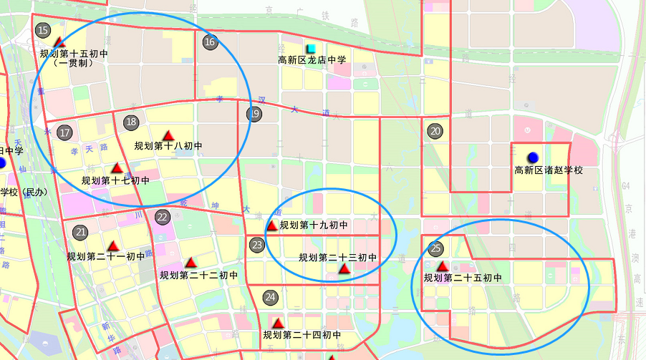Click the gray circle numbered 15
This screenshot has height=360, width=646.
(43, 31)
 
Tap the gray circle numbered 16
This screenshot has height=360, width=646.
(210, 42)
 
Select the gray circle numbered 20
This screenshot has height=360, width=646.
(435, 131)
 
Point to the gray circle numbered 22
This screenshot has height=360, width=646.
(163, 217)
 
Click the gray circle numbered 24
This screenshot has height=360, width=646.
(270, 297)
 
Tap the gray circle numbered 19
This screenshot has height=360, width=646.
(254, 113)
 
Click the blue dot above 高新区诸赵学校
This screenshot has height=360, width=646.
(533, 157)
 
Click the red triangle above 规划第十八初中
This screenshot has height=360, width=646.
(168, 135)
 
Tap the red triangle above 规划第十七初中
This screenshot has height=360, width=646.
(117, 168)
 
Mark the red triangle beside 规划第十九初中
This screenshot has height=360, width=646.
(272, 226)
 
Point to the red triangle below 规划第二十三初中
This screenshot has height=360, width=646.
(344, 269)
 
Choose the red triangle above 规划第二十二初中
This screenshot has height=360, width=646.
(191, 263)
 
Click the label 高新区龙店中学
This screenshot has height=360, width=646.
(312, 61)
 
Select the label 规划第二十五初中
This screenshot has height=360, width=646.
(463, 278)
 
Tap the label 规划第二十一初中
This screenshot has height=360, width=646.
(106, 256)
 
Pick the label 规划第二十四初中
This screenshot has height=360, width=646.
(301, 335)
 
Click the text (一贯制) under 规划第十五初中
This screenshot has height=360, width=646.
(74, 63)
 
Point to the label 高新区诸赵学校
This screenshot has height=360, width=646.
(549, 170)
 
